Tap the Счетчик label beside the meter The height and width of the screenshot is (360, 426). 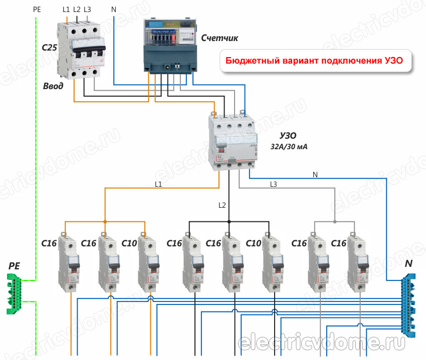219,38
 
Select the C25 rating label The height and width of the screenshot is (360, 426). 50,49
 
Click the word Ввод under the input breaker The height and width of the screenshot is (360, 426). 53,87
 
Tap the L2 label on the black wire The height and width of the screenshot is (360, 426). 223,205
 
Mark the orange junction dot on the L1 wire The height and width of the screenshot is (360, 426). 105,221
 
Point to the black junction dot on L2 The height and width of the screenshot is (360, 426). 229,221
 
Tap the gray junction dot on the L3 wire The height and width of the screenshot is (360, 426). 335,221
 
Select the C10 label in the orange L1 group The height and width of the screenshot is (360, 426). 129,243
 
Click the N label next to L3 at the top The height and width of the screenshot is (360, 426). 114,10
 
